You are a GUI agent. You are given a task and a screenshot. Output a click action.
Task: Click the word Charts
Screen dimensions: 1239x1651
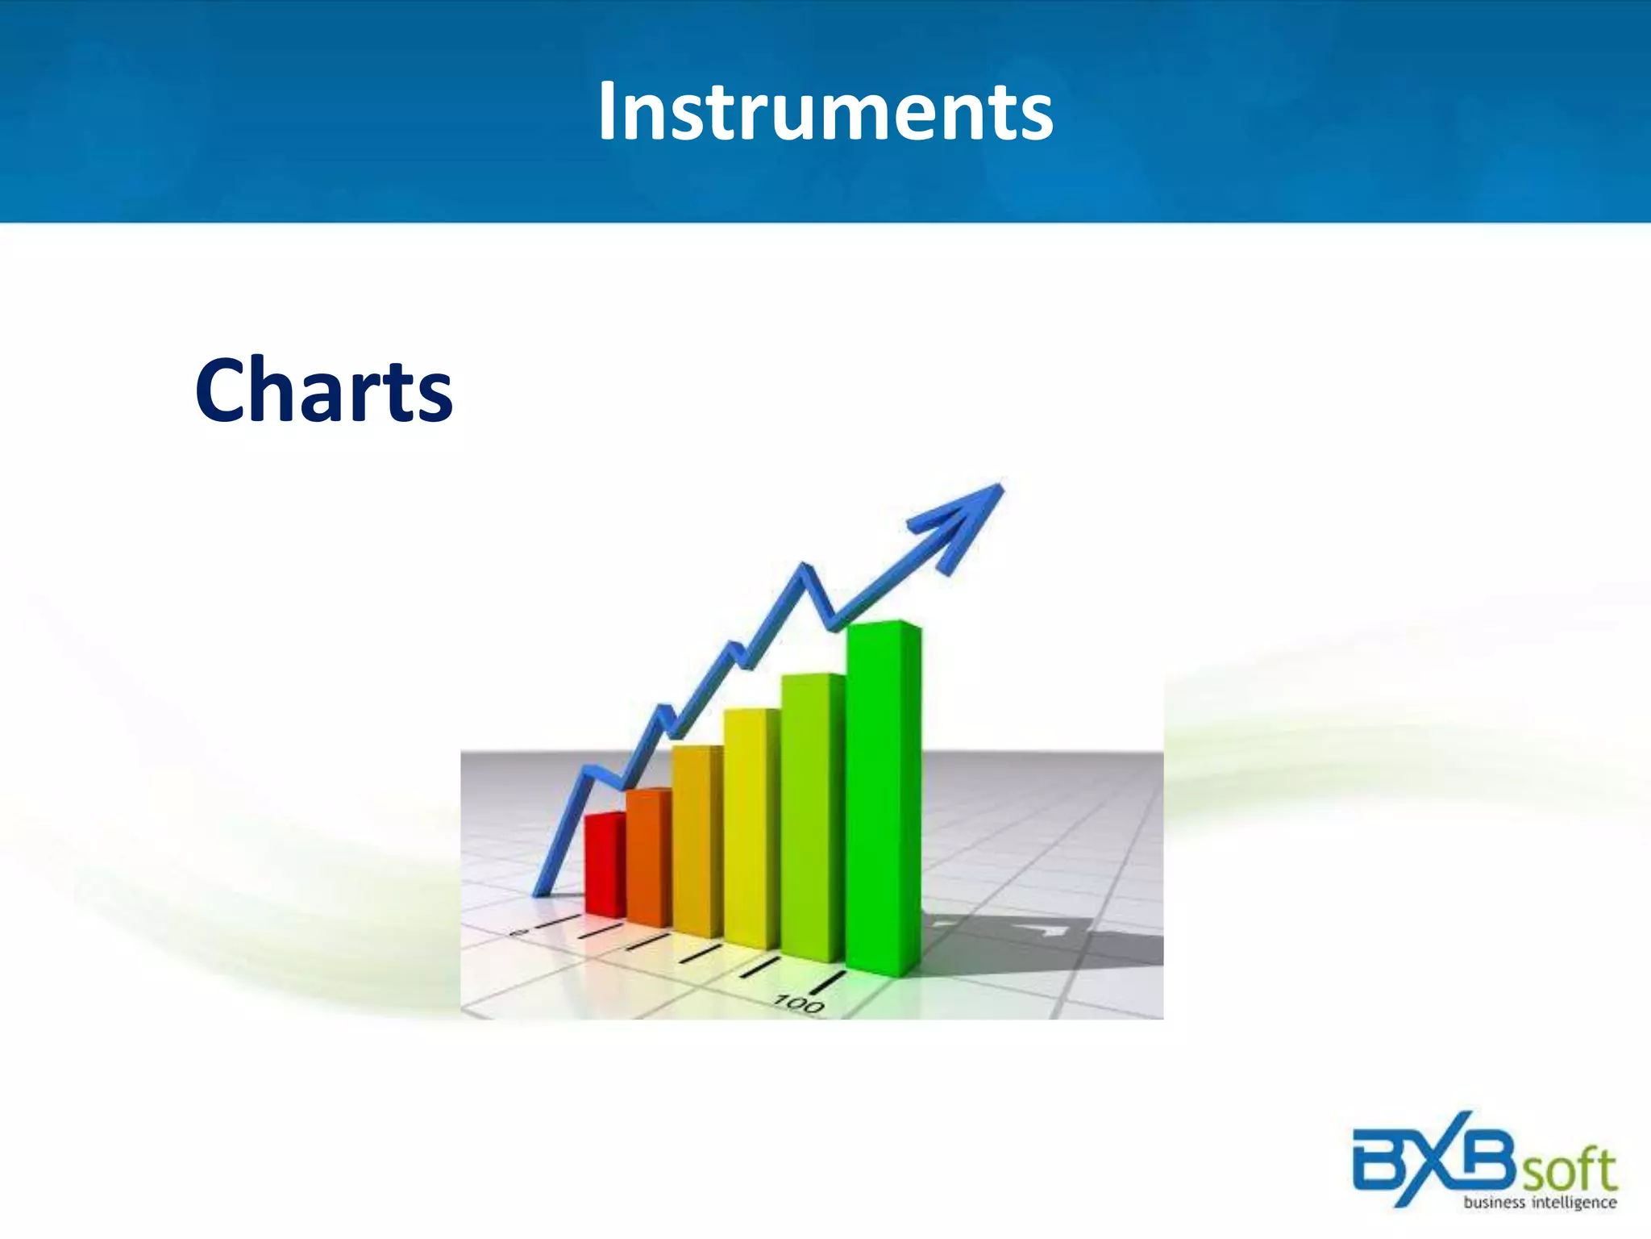[323, 390]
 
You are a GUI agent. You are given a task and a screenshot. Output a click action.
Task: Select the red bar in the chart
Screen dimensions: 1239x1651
[604, 865]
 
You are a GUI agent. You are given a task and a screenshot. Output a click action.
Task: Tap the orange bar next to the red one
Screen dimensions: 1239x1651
[647, 857]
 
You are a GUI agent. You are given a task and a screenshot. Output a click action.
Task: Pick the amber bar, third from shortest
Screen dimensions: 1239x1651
[697, 841]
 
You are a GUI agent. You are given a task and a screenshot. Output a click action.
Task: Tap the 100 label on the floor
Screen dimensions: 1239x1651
[799, 1004]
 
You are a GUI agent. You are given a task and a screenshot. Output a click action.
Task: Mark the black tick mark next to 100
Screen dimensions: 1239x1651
[827, 982]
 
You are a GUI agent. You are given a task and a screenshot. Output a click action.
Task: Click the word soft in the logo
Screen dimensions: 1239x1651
[1570, 1170]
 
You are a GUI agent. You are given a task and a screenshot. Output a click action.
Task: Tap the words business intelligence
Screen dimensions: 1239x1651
[1540, 1203]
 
